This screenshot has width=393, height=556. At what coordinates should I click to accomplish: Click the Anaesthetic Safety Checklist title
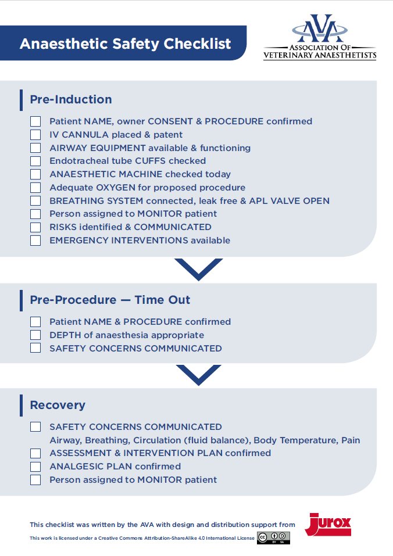pyautogui.click(x=125, y=44)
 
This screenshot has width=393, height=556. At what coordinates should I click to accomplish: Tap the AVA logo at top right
pyautogui.click(x=320, y=38)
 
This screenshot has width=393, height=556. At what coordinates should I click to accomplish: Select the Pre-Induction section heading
pyautogui.click(x=71, y=99)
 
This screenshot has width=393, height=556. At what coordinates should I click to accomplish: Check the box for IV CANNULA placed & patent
pyautogui.click(x=35, y=135)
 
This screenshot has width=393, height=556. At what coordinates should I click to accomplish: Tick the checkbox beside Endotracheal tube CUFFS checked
pyautogui.click(x=35, y=161)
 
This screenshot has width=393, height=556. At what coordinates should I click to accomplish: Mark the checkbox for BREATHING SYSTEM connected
pyautogui.click(x=35, y=201)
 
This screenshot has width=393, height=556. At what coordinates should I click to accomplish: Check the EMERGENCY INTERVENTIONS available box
pyautogui.click(x=35, y=241)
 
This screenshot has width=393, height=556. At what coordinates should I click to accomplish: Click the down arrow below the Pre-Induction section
pyautogui.click(x=198, y=269)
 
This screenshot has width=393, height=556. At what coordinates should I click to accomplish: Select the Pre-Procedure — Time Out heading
pyautogui.click(x=110, y=300)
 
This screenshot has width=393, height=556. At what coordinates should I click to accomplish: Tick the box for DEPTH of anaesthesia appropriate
pyautogui.click(x=35, y=335)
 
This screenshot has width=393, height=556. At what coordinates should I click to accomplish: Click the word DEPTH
pyautogui.click(x=62, y=335)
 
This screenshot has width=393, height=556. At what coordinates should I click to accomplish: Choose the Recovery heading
pyautogui.click(x=58, y=405)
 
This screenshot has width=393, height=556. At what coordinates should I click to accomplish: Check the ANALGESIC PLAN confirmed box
pyautogui.click(x=35, y=467)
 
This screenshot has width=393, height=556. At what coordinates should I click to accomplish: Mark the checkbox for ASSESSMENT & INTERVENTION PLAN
pyautogui.click(x=35, y=453)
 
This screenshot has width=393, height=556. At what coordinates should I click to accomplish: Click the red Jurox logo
pyautogui.click(x=328, y=524)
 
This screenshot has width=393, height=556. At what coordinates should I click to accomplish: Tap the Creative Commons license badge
pyautogui.click(x=273, y=538)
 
